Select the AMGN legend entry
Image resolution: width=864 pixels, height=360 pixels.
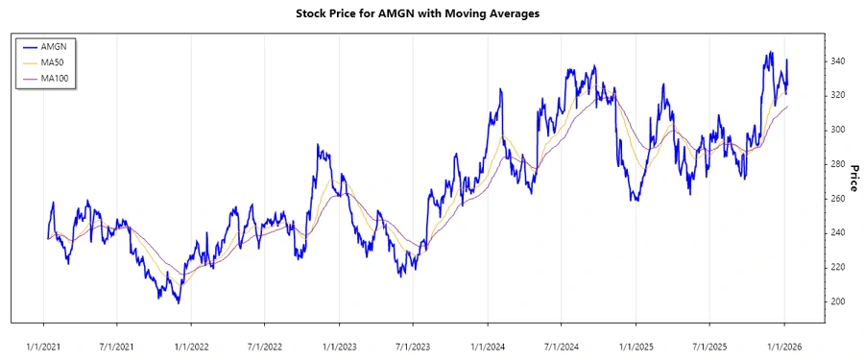[54, 46]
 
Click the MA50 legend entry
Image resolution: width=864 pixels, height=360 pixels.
[54, 62]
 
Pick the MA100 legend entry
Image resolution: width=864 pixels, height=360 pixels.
[56, 79]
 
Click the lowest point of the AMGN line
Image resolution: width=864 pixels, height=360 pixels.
[179, 303]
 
